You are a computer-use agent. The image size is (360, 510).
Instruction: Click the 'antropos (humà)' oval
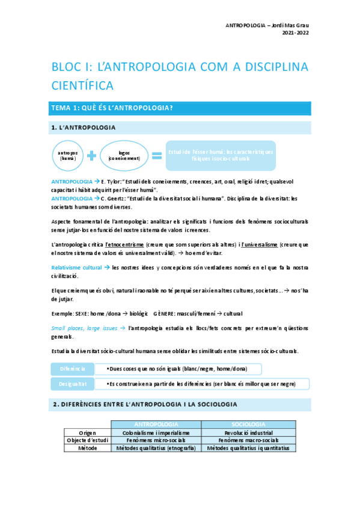(x=67, y=155)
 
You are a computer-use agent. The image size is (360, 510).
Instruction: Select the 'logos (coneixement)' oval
(x=124, y=155)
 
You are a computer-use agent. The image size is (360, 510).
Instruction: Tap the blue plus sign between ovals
(x=92, y=156)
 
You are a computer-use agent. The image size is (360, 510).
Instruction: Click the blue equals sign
(x=156, y=156)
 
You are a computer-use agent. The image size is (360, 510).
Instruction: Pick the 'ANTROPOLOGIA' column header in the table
(x=156, y=425)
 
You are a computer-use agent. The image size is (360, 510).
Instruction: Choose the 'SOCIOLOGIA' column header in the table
(x=248, y=425)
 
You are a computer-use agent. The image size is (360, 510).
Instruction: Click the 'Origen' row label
(x=88, y=432)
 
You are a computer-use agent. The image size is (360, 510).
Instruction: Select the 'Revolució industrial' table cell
(x=248, y=432)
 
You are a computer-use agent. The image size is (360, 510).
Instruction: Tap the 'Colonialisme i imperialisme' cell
(x=156, y=432)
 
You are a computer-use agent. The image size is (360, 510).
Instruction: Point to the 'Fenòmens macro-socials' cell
(x=248, y=440)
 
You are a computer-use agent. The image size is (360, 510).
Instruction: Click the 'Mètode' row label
(x=88, y=448)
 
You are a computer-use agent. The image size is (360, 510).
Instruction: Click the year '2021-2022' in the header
(x=296, y=33)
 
